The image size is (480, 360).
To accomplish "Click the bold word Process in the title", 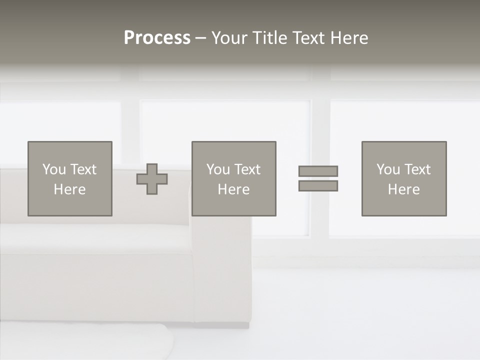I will coord(157,38).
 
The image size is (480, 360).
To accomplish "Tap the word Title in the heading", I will coord(271,38).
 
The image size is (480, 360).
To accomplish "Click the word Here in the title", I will coord(350,38).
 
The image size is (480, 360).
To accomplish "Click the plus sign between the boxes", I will coord(152,179).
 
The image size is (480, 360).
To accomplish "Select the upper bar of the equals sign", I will coord(318,171).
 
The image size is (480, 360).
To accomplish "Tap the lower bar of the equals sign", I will coord(318,186).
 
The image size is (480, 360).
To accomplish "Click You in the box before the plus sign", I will coord(54,169).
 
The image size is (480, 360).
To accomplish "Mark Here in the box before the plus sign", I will coord(69,189).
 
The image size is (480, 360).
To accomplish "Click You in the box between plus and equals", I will coord(218,169).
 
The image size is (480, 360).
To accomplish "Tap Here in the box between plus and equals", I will coord(233,189).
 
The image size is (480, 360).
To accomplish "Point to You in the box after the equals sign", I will coord(388,169).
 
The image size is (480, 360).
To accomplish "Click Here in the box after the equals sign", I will coord(403,189).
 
